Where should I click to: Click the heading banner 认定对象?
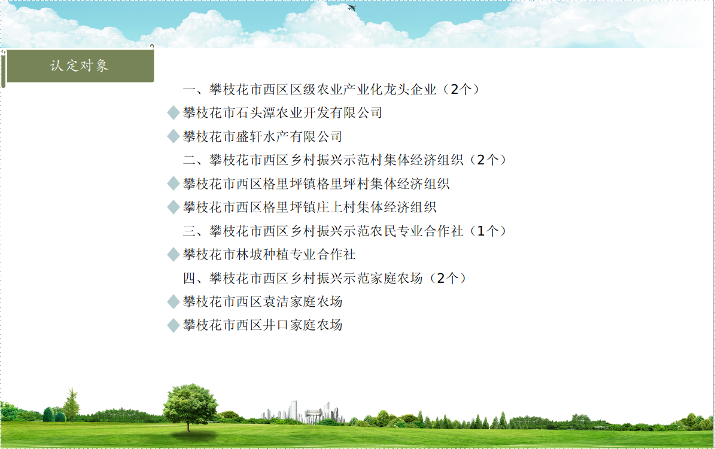coord(80,66)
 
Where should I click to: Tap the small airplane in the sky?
coord(352,8)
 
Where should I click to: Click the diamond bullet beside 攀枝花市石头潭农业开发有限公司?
coord(174,112)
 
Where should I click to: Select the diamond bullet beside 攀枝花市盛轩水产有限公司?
coord(174,136)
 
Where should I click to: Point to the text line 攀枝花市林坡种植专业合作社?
coord(269,254)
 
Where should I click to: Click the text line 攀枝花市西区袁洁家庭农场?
coord(263,301)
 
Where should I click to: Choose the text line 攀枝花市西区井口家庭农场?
coord(263,325)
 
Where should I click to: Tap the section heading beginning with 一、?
coord(333,89)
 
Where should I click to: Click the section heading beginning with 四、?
coord(325,278)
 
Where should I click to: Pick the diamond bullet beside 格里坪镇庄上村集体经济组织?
coord(174,207)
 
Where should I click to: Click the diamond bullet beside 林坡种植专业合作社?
coord(174,254)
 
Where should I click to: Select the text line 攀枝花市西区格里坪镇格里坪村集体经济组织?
coord(316,184)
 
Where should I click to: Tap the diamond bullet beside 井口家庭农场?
coord(174,325)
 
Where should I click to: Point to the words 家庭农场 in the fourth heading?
coord(396,278)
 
